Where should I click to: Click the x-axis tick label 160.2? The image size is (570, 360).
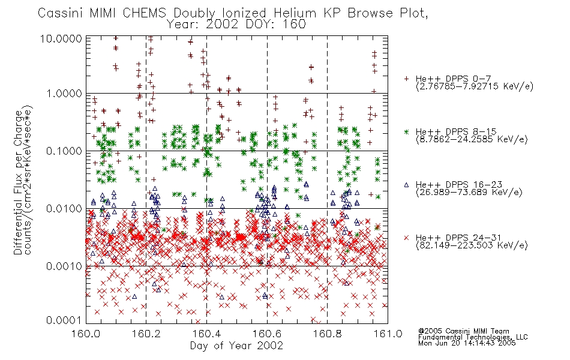point(146,334)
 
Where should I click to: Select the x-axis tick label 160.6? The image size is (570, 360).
point(267,334)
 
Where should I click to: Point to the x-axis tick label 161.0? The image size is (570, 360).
point(388,334)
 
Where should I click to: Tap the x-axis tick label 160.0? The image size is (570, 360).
point(86,334)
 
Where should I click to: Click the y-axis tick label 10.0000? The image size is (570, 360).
point(61,38)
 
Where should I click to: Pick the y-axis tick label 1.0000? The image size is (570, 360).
point(64,94)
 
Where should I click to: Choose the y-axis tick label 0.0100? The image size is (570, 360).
point(64,209)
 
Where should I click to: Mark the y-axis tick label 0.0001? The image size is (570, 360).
point(64,320)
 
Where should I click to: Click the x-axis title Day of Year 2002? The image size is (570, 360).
point(236,346)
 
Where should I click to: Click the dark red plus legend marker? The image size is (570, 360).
point(406,79)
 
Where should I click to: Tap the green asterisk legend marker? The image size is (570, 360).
point(406,131)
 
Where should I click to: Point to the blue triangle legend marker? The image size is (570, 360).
point(406,185)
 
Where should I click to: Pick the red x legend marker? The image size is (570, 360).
point(406,238)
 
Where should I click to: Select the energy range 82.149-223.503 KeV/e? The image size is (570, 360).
point(472,245)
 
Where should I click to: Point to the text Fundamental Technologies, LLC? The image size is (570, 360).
point(473,337)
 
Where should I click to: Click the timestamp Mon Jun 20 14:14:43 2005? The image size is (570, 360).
point(467,343)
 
